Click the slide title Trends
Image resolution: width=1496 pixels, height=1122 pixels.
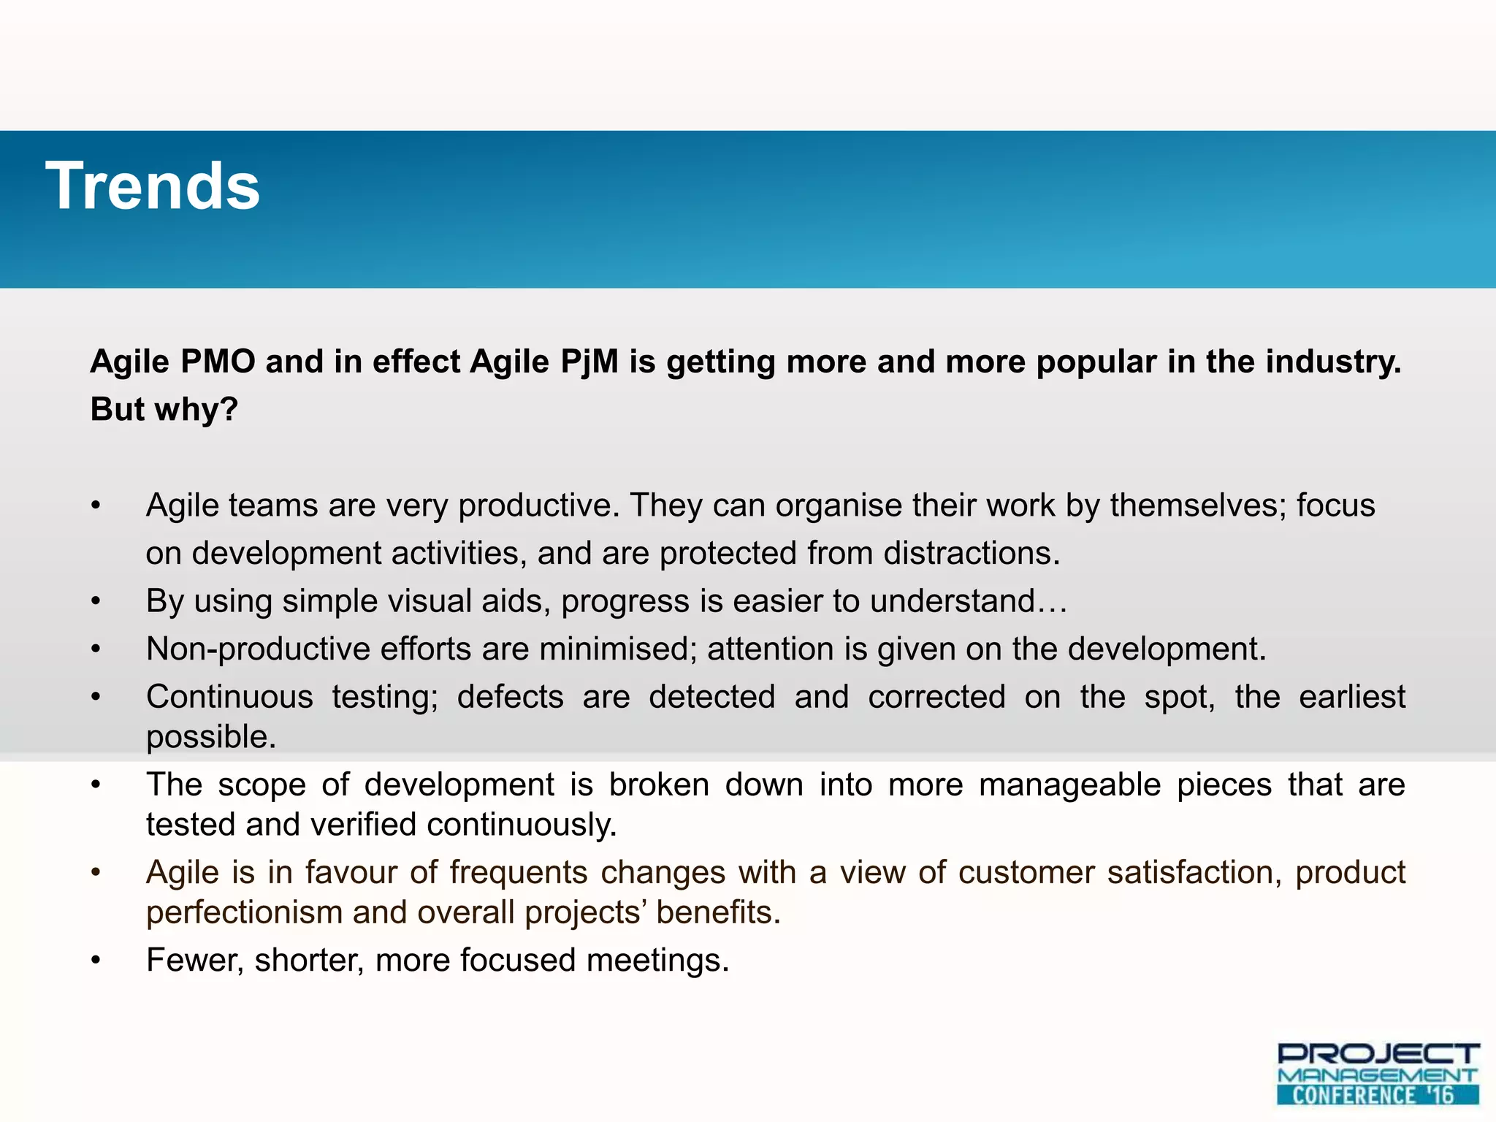[153, 186]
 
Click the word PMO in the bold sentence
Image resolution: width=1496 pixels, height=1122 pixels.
[218, 362]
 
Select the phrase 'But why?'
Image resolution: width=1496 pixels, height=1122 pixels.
[164, 409]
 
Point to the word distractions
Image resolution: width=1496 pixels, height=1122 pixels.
[972, 553]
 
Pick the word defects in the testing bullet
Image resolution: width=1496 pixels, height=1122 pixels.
[511, 696]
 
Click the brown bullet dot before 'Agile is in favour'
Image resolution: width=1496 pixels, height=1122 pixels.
[95, 873]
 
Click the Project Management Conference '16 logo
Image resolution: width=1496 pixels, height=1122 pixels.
[1378, 1074]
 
